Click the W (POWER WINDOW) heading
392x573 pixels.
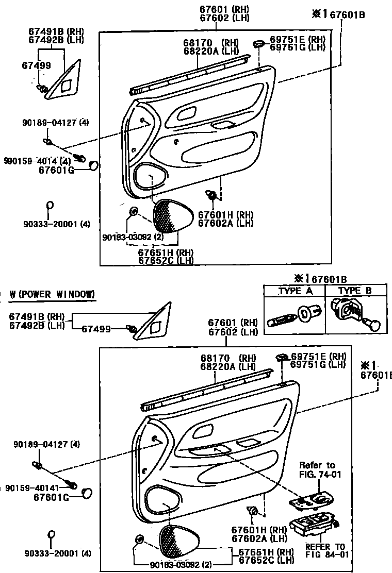pyautogui.click(x=52, y=294)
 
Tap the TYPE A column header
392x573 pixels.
pyautogui.click(x=296, y=291)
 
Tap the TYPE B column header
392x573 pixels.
pyautogui.click(x=355, y=291)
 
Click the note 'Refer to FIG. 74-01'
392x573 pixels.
pyautogui.click(x=317, y=469)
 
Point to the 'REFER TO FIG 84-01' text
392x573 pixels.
pyautogui.click(x=324, y=550)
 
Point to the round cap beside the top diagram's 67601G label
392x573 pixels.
pyautogui.click(x=94, y=165)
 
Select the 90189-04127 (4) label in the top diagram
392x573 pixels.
pyautogui.click(x=55, y=123)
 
